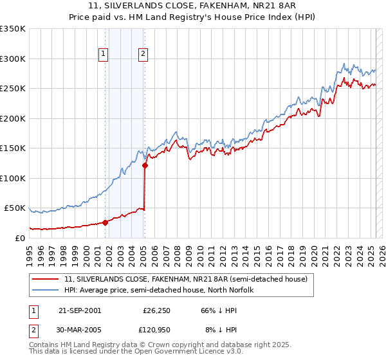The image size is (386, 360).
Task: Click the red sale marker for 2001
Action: click(106, 222)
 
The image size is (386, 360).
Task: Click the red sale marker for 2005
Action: click(145, 165)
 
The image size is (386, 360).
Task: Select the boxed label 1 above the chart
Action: click(103, 55)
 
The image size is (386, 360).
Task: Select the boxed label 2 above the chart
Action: click(143, 55)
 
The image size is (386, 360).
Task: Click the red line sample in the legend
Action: click(45, 279)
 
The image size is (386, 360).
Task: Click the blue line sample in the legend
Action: click(45, 290)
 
